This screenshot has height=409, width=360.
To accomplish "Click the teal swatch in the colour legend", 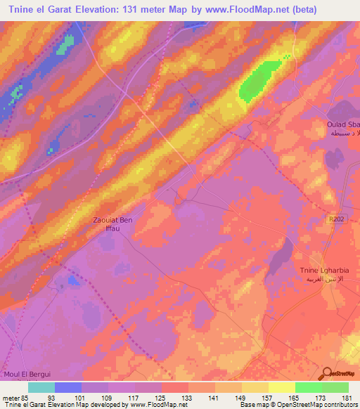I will [41, 387].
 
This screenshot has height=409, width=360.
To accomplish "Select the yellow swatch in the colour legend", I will [281, 387].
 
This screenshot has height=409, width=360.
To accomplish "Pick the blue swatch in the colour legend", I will [68, 387].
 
